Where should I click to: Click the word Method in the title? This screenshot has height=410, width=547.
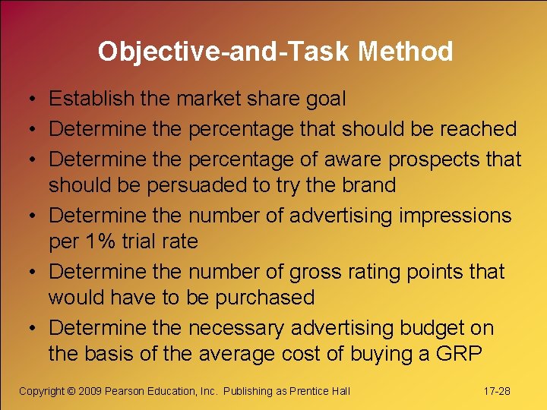click(406, 52)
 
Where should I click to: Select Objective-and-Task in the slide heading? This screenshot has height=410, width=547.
click(224, 52)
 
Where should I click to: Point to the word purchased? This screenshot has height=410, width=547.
click(264, 298)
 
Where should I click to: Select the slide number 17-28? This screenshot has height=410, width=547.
click(497, 391)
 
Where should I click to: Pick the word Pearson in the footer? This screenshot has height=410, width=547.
click(125, 391)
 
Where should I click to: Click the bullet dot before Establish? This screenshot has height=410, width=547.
click(27, 99)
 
